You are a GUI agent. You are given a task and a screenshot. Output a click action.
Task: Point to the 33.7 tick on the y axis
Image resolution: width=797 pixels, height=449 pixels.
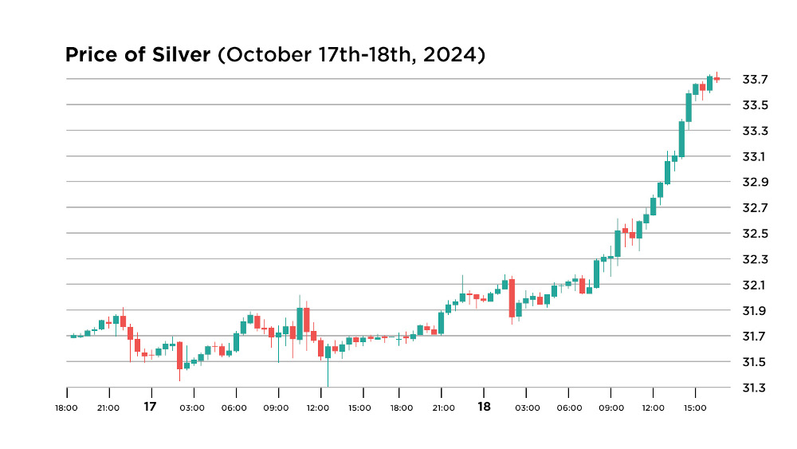[754, 79]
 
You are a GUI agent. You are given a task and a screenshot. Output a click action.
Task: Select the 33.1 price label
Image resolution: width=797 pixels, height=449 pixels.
[754, 156]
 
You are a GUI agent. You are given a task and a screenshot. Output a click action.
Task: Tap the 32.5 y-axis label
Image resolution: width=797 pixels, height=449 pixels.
[754, 234]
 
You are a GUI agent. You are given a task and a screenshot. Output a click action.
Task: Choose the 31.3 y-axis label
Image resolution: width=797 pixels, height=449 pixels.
[754, 388]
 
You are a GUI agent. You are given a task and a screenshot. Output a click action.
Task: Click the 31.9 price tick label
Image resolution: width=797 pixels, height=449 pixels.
[754, 310]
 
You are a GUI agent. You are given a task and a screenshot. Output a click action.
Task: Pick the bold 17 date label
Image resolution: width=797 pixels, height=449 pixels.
[150, 407]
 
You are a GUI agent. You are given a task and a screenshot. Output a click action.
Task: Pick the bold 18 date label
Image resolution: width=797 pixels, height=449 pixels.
[484, 407]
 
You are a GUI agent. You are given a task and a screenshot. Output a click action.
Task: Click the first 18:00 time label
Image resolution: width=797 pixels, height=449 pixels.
[66, 408]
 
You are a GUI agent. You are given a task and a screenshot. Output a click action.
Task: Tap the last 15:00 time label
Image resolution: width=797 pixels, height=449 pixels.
[695, 408]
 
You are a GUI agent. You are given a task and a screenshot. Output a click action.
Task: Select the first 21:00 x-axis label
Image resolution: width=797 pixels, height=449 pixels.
[108, 408]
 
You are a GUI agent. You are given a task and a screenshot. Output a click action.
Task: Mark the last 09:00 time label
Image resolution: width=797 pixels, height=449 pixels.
[611, 408]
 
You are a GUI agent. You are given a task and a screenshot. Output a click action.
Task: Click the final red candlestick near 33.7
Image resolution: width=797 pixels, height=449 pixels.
[717, 78]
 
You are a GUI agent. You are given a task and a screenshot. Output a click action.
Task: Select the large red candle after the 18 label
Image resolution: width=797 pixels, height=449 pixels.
[512, 297]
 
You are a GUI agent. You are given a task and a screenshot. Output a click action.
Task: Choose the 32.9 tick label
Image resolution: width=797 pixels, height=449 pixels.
[754, 182]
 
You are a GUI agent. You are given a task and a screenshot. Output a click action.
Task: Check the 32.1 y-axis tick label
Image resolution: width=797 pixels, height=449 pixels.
[754, 285]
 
